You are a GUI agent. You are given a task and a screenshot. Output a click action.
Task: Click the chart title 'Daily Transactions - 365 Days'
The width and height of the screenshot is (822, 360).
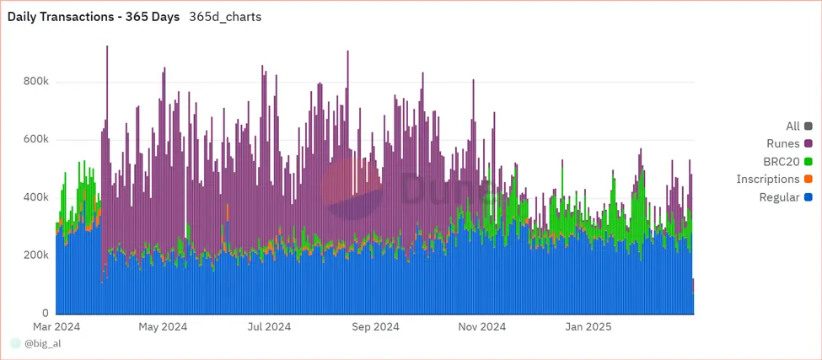pyautogui.click(x=94, y=17)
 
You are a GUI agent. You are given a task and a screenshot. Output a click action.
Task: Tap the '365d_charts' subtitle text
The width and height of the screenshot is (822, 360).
pyautogui.click(x=225, y=17)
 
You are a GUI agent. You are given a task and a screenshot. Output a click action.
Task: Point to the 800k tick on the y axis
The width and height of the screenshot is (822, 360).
pyautogui.click(x=35, y=83)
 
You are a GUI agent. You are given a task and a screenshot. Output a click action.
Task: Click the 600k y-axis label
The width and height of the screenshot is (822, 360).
pyautogui.click(x=35, y=140)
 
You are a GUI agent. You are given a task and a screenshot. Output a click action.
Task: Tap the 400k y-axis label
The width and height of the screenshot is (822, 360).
pyautogui.click(x=35, y=197)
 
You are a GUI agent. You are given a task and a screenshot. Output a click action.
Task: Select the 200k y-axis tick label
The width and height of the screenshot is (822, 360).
pyautogui.click(x=35, y=255)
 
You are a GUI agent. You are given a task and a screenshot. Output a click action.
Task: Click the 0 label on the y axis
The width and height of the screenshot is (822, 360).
pyautogui.click(x=46, y=312)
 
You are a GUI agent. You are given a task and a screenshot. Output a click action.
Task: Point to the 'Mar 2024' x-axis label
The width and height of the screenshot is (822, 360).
pyautogui.click(x=56, y=326)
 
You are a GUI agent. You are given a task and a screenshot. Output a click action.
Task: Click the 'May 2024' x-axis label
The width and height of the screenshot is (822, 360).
pyautogui.click(x=163, y=326)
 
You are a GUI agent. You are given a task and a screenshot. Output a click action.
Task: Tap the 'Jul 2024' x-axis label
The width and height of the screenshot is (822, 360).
pyautogui.click(x=269, y=326)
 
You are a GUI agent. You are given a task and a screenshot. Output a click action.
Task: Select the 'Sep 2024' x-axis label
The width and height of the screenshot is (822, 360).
pyautogui.click(x=375, y=326)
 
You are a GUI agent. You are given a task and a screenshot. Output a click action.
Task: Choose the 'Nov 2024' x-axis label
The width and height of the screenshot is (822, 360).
pyautogui.click(x=481, y=326)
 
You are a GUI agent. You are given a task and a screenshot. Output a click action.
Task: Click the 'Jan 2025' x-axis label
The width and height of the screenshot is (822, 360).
pyautogui.click(x=588, y=326)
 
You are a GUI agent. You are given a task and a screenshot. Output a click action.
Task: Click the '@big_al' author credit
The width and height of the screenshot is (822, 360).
pyautogui.click(x=41, y=344)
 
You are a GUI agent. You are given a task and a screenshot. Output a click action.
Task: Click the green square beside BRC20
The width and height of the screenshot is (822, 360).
pyautogui.click(x=808, y=162)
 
